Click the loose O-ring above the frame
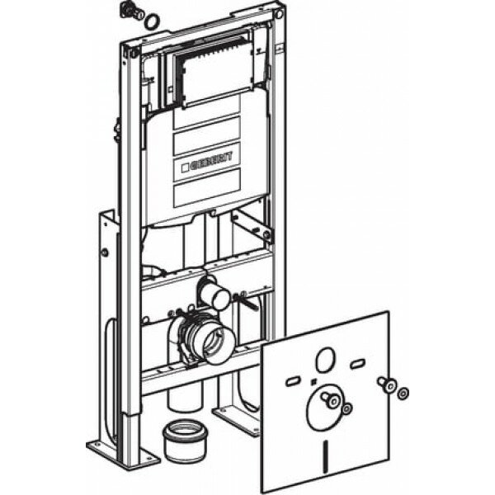(x=151, y=20)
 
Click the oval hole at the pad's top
(x=325, y=361)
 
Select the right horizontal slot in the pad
(x=357, y=364)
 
